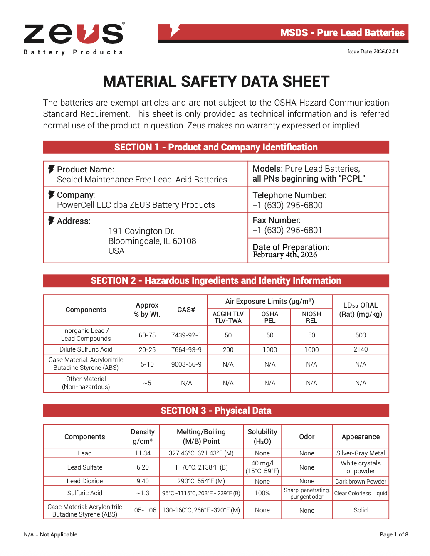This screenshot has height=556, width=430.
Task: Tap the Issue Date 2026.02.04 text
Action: [x=373, y=52]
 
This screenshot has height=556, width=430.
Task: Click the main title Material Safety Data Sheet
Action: [x=216, y=82]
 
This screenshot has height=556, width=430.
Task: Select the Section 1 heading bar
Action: [x=216, y=148]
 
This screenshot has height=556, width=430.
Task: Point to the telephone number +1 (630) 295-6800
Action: [x=287, y=205]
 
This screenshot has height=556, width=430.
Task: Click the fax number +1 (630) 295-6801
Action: [x=287, y=230]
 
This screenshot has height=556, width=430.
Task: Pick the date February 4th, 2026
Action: [x=285, y=255]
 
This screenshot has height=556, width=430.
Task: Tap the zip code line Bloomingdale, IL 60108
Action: [x=152, y=241]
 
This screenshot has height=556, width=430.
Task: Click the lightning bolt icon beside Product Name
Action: [x=51, y=169]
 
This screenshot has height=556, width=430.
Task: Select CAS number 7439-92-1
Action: [x=186, y=335]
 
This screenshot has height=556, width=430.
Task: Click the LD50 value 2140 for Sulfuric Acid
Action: [x=361, y=349]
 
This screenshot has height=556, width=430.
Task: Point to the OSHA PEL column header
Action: [x=270, y=317]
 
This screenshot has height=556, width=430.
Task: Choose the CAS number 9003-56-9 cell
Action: [x=186, y=364]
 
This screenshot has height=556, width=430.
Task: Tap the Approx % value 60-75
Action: [x=147, y=335]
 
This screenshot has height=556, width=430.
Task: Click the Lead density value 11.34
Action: [x=143, y=453]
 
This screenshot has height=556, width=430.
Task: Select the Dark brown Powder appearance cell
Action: [x=361, y=481]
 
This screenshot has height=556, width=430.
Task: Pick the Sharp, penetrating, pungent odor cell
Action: [x=306, y=493]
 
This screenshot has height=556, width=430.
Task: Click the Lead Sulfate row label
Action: [x=85, y=467]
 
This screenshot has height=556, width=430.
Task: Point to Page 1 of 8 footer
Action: [x=393, y=534]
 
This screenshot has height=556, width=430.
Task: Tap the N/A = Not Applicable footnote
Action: [x=50, y=534]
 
